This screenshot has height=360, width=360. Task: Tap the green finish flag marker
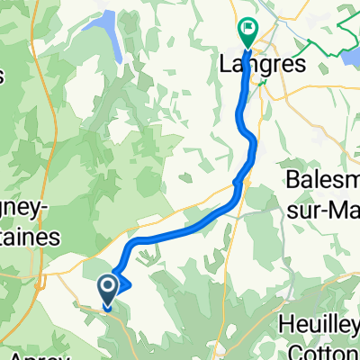pos(247,32)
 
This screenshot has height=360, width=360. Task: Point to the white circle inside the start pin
pos(107,287)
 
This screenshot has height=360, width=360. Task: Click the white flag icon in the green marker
pos(247,29)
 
